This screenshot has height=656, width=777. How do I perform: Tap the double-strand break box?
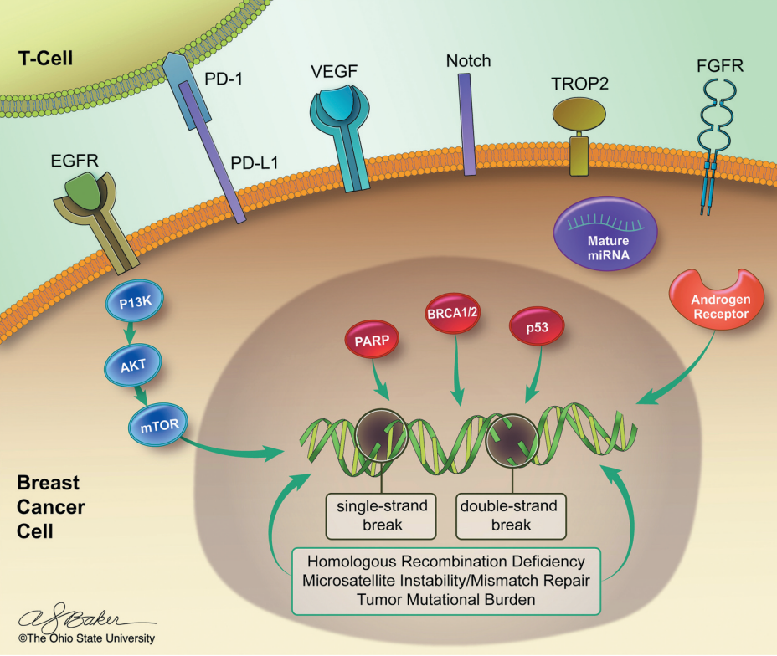point(511,515)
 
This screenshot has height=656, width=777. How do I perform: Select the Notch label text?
point(468,61)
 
